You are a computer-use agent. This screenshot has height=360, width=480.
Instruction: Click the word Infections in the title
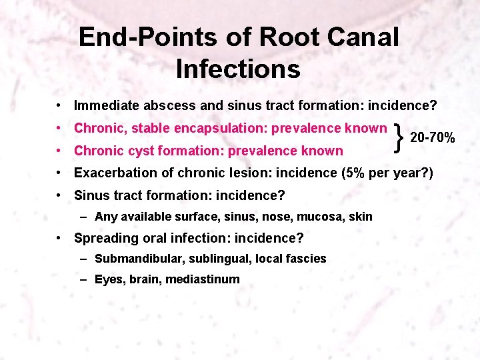pos(238,69)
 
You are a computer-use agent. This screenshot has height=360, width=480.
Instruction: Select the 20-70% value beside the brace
pos(432,138)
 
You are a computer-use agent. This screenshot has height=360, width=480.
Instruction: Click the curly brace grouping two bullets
pos(399,138)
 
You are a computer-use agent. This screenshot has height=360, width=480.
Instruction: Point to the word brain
pos(144,279)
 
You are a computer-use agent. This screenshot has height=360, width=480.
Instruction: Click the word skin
pos(361,217)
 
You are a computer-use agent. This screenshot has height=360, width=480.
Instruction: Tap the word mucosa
pos(317,217)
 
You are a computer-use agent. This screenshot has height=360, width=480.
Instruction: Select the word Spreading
pos(103,238)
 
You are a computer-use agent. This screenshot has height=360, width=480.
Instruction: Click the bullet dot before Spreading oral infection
pos(60,238)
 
